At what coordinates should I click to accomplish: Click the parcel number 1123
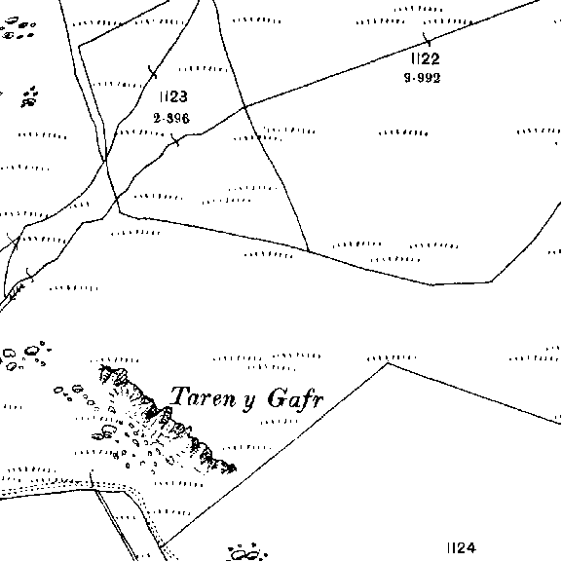(173, 96)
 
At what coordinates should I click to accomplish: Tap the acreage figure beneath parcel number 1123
(171, 118)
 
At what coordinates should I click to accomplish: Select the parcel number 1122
(426, 58)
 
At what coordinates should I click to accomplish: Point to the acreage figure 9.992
(422, 78)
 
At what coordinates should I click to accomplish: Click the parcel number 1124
(462, 548)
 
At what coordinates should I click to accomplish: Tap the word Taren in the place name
(203, 396)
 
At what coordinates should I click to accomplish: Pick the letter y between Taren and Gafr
(249, 400)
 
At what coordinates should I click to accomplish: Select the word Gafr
(295, 398)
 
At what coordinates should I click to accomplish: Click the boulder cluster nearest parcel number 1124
(247, 552)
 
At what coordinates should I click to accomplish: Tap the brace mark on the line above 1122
(427, 39)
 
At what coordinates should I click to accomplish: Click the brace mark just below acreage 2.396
(175, 140)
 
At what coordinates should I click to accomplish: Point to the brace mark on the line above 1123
(153, 72)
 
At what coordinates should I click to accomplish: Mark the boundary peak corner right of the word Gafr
(388, 363)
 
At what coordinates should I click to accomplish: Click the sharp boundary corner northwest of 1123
(79, 46)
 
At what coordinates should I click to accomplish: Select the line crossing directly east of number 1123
(244, 106)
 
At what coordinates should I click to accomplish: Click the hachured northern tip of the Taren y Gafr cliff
(104, 368)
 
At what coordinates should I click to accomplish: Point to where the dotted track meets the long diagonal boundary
(162, 546)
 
